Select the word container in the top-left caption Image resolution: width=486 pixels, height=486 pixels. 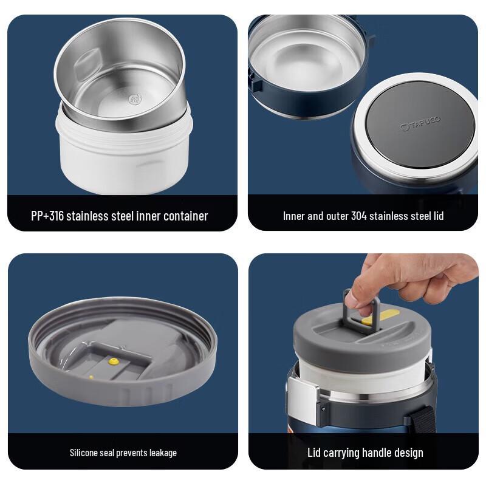pyautogui.click(x=182, y=216)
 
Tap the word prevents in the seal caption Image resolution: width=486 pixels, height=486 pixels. pyautogui.click(x=125, y=452)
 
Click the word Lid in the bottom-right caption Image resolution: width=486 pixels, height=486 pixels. pyautogui.click(x=315, y=452)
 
